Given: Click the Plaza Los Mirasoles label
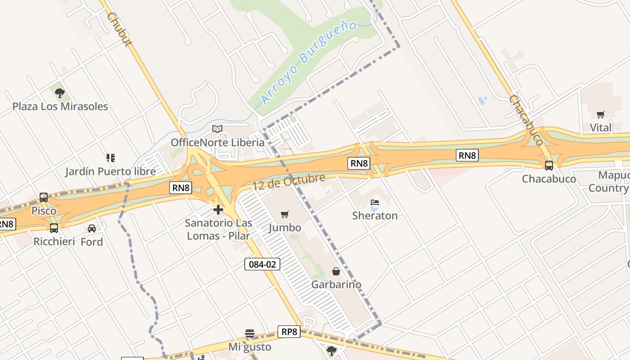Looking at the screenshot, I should tap(60, 107).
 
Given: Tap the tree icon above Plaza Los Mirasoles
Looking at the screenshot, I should tap(60, 93).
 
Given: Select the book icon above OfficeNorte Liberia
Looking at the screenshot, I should tap(217, 129).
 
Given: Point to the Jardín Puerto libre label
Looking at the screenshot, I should tap(110, 171).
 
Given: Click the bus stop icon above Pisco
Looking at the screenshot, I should tap(44, 197).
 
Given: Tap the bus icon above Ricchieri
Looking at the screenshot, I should tap(54, 228).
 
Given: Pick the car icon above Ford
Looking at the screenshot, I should tap(92, 228).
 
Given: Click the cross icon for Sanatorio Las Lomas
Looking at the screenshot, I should tap(218, 210).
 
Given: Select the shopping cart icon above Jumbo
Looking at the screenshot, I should tap(284, 214).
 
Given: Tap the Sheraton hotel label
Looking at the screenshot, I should tap(375, 216).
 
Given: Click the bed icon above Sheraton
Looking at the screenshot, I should tap(375, 202).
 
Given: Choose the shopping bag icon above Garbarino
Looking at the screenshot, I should tap(336, 271).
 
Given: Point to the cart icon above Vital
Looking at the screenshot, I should tap(601, 114).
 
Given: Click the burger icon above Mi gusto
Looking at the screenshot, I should tap(250, 333).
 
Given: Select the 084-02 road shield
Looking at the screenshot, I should tap(262, 264).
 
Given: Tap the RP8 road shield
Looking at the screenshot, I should tap(289, 332).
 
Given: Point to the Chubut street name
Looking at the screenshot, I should tap(118, 29).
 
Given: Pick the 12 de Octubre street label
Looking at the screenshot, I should tap(288, 182).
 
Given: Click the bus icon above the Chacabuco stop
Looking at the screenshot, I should tap(549, 165).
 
